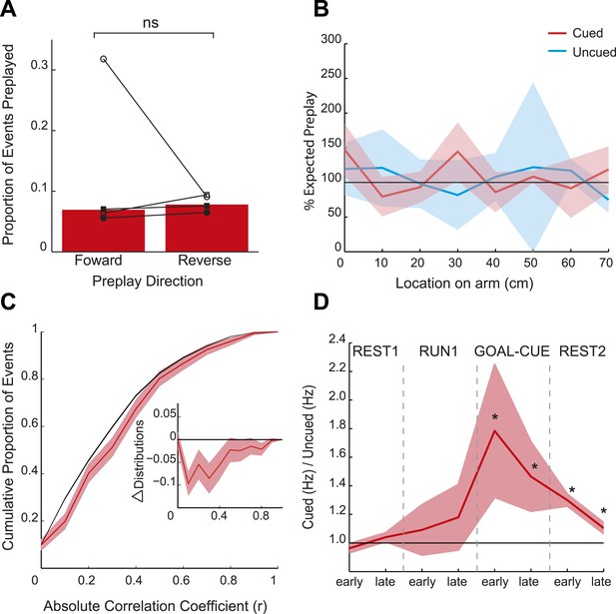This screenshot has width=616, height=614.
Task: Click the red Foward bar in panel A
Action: pyautogui.click(x=103, y=231)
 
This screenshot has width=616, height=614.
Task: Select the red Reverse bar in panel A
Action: pyautogui.click(x=207, y=229)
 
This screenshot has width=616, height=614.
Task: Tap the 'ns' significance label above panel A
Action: pyautogui.click(x=151, y=23)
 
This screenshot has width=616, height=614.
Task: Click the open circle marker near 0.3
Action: pyautogui.click(x=103, y=59)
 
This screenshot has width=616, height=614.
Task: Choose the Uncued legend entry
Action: pyautogui.click(x=581, y=52)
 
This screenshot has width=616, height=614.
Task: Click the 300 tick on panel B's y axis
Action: pyautogui.click(x=331, y=39)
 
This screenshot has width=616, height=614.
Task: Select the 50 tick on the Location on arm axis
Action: pyautogui.click(x=531, y=262)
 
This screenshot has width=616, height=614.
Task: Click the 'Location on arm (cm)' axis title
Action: pyautogui.click(x=464, y=284)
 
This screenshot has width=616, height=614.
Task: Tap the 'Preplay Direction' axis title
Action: pyautogui.click(x=148, y=282)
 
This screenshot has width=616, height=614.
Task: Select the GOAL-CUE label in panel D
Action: pyautogui.click(x=512, y=351)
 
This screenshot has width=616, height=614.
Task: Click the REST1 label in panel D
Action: pyautogui.click(x=375, y=351)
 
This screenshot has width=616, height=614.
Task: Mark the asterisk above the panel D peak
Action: pyautogui.click(x=495, y=417)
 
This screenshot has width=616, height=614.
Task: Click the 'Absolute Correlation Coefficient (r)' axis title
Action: pyautogui.click(x=155, y=606)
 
